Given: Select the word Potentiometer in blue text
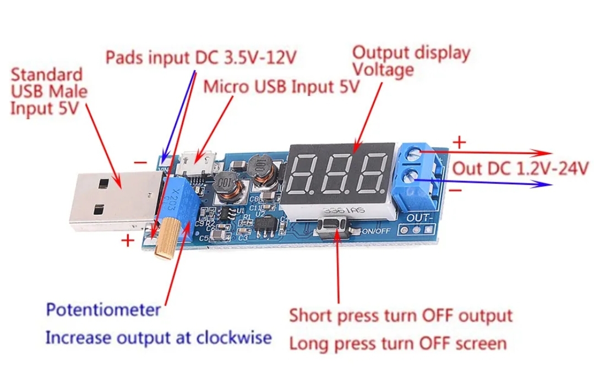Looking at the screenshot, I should (103, 310).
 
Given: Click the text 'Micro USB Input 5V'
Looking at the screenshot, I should (281, 86).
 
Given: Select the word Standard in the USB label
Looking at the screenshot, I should (47, 75).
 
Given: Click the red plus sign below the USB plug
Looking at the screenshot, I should (127, 241).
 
